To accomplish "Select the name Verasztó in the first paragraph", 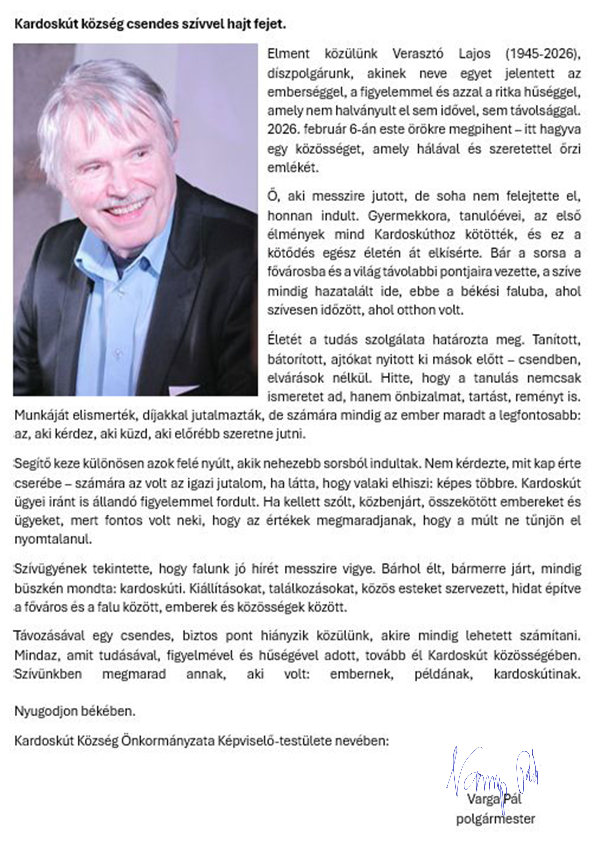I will tap(417, 54).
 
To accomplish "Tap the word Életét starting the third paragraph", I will tap(285, 339).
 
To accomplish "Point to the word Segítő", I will tap(32, 464).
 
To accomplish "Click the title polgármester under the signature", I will tap(495, 819).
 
